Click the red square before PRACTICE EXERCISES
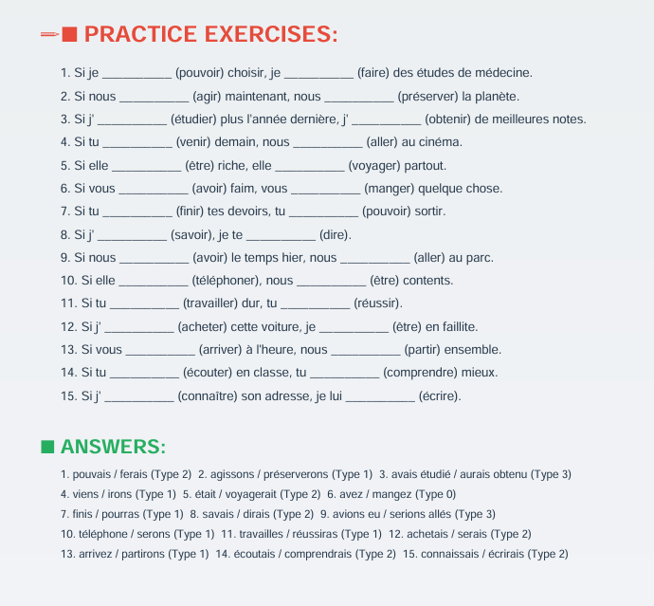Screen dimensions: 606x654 coord(69,35)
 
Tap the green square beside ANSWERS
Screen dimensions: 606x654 coord(47,447)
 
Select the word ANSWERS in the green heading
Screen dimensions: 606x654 coord(113,447)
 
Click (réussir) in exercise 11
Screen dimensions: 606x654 coord(378,303)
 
